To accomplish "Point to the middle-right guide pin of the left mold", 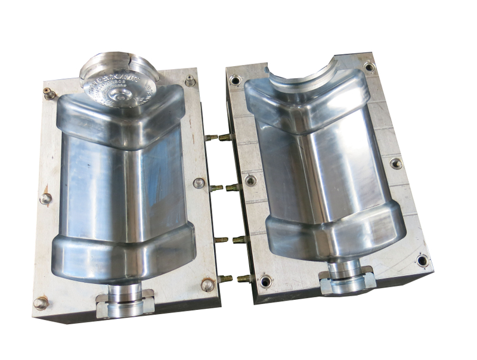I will point(199,183).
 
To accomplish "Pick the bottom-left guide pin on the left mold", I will point(41,303).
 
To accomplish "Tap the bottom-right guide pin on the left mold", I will point(207,285).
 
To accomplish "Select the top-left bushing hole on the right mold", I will point(236,79).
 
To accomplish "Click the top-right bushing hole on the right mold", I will point(369,66).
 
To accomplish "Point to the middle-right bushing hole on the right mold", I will point(396,163).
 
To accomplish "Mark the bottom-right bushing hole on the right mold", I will point(422,260).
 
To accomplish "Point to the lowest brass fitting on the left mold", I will point(225,278).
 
